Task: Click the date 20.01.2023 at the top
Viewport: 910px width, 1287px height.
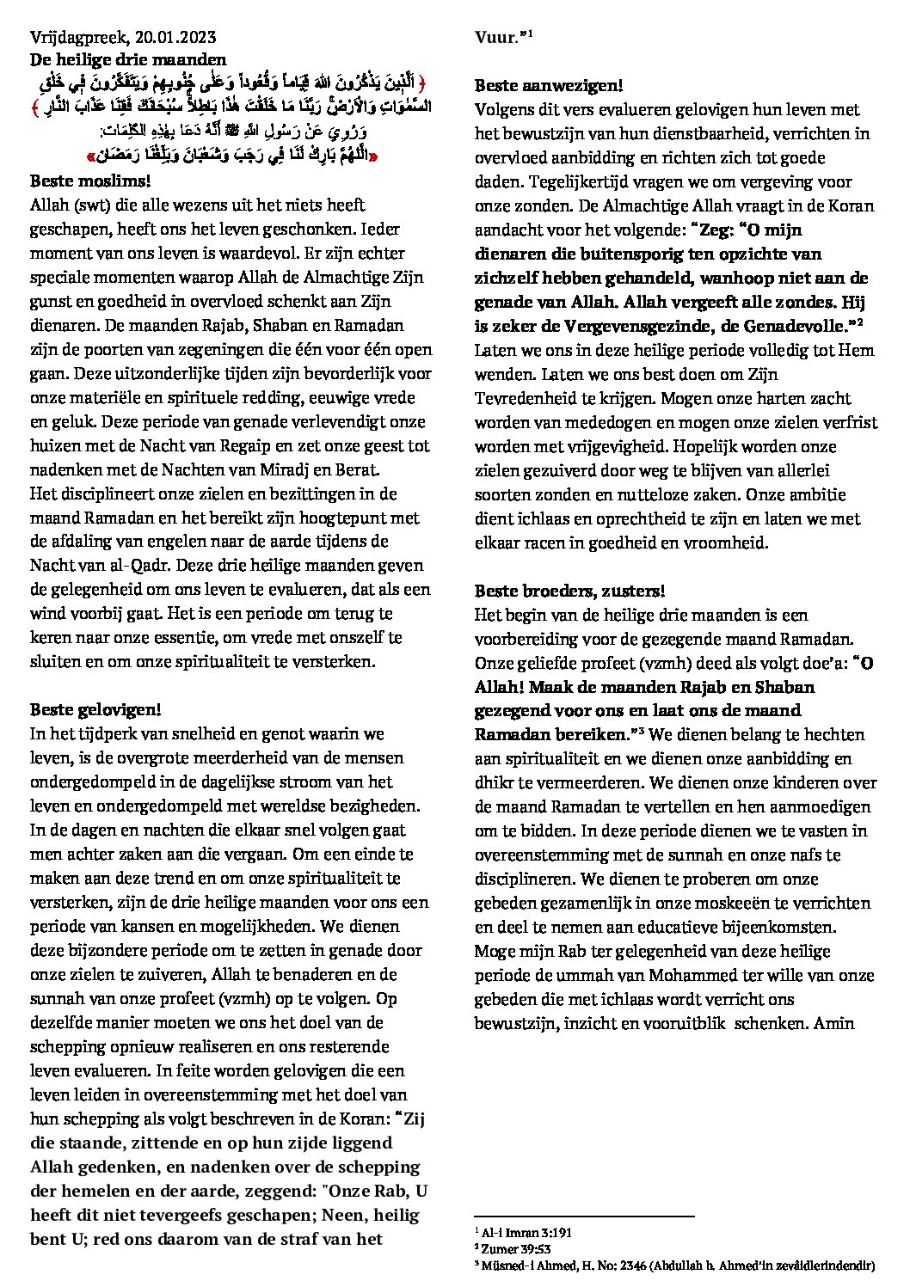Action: [x=177, y=38]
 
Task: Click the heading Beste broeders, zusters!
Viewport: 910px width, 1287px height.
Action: [x=569, y=591]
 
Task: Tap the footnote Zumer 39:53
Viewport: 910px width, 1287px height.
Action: [x=516, y=1248]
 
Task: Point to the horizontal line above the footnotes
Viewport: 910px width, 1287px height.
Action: [x=584, y=1217]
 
